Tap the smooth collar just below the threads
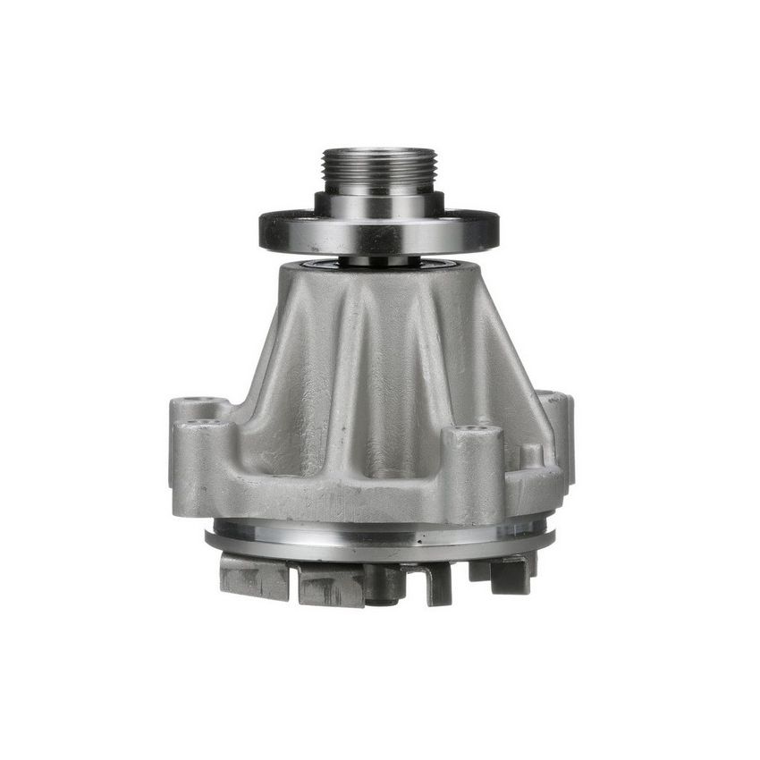tap(379, 204)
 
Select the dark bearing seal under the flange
tap(379, 263)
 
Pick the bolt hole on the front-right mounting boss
tap(476, 432)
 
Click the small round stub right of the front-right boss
tap(531, 454)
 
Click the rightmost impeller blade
tap(511, 572)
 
